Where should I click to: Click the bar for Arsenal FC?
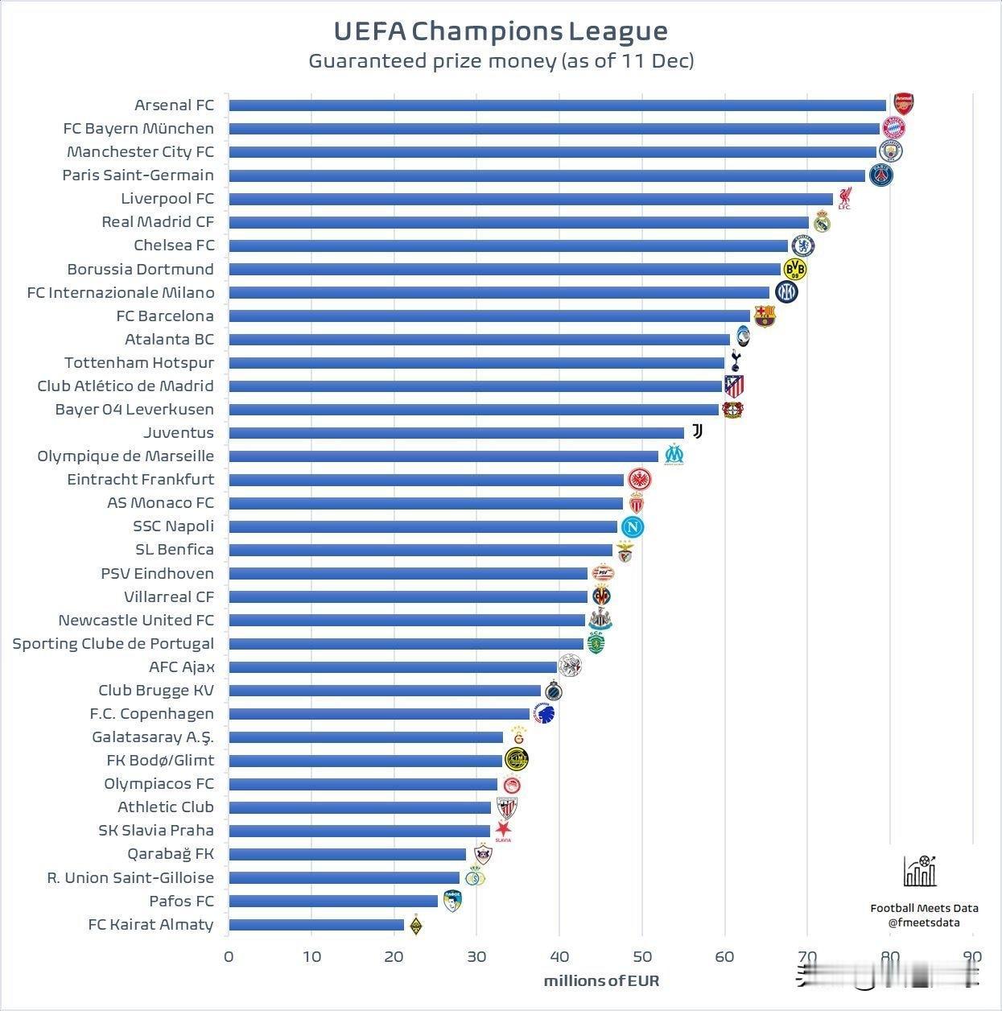[x=557, y=105]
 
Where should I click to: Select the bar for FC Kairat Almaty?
[x=316, y=925]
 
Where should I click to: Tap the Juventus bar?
[x=456, y=433]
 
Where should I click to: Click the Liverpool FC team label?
[x=167, y=199]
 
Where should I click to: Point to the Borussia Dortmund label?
[x=141, y=269]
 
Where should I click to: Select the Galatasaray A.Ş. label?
[x=153, y=737]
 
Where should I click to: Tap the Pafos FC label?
[x=182, y=902]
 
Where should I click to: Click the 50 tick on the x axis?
[x=641, y=957]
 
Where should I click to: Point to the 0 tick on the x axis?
[x=229, y=957]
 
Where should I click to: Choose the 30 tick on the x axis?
[x=476, y=957]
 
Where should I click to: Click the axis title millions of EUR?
[x=601, y=980]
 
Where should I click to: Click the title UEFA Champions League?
[x=501, y=31]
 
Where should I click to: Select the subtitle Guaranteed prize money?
[x=501, y=61]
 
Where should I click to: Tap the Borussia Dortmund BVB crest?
[x=794, y=269]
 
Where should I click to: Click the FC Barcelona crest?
[x=763, y=316]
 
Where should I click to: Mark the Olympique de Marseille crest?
[x=674, y=456]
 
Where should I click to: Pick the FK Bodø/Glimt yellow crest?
[x=517, y=759]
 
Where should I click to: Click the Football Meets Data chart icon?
[x=920, y=871]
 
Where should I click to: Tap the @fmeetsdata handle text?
[x=924, y=923]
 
